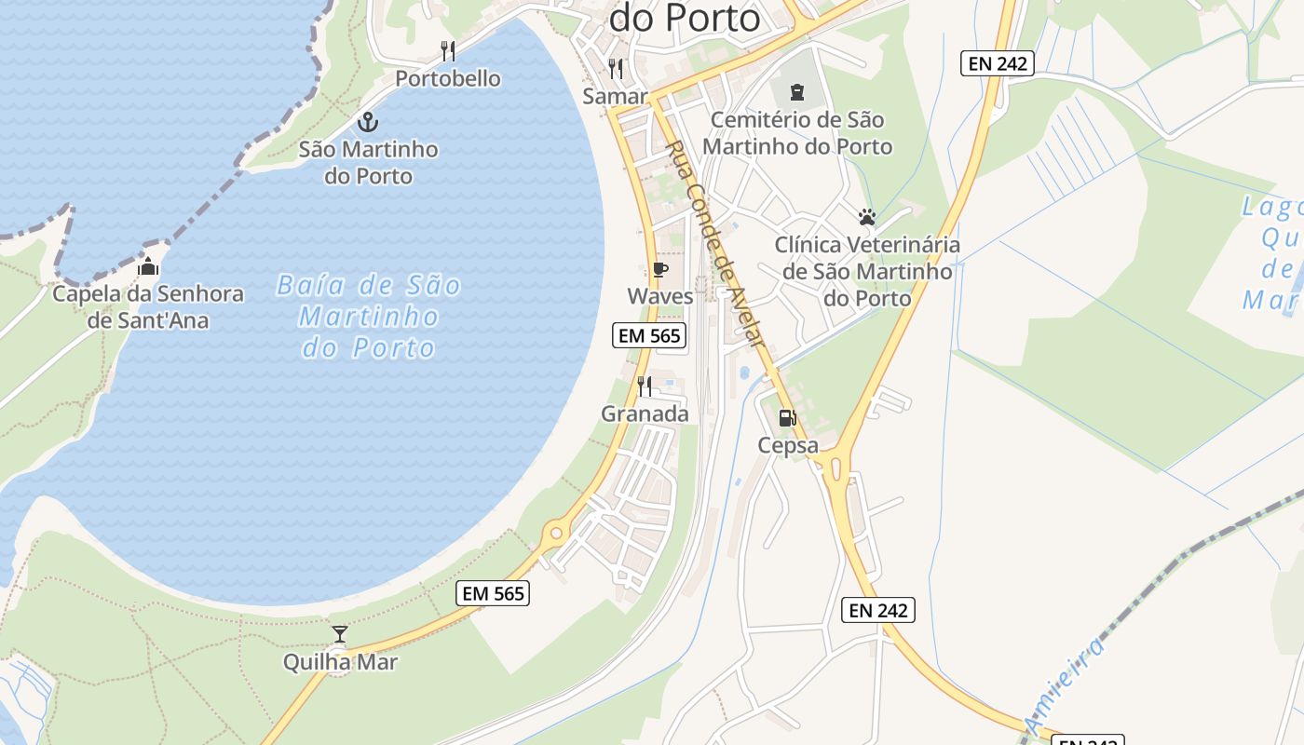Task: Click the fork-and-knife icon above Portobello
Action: coord(448,50)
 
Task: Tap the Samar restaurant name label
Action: coord(615,96)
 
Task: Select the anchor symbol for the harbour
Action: coord(368,122)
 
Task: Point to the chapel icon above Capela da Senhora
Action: coord(148,267)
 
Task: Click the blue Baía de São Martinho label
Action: coord(369,316)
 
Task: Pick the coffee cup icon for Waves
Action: coord(660,270)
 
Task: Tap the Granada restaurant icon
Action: coord(645,386)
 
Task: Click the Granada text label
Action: coord(645,413)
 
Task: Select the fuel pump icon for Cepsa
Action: coord(788,418)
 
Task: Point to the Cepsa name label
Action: coord(788,445)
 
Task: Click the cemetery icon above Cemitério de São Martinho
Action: coord(797,92)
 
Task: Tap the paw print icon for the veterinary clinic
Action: coord(867,217)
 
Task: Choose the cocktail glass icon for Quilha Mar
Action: coord(340,634)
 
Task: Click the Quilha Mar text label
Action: coord(341,662)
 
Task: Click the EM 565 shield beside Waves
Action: coord(649,335)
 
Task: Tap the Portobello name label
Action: coord(448,78)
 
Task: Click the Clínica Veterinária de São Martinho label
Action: coord(867,271)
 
